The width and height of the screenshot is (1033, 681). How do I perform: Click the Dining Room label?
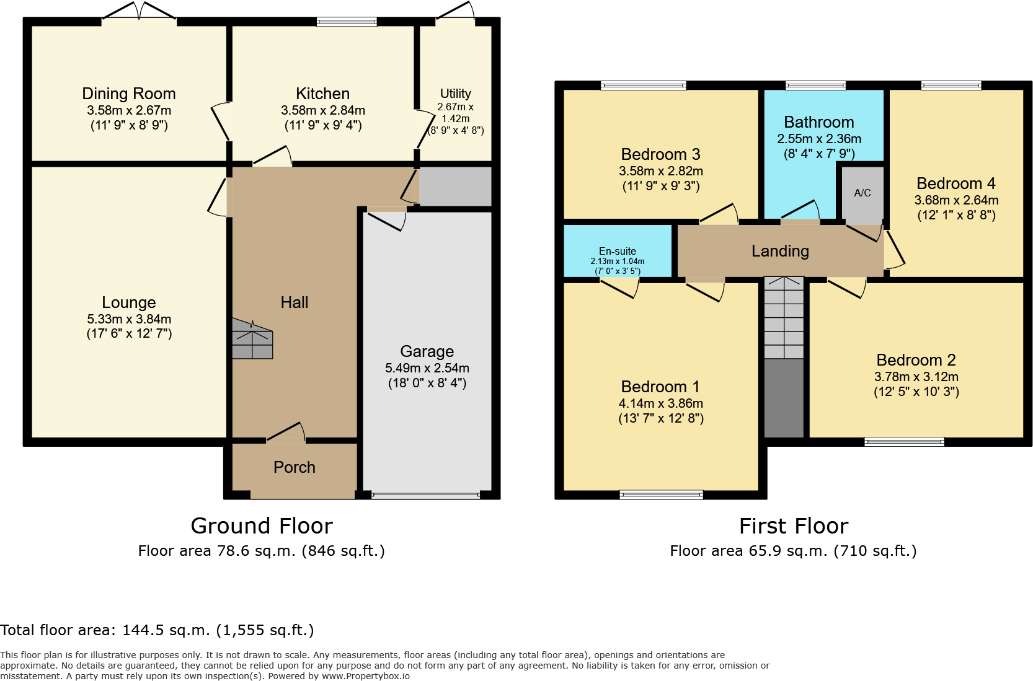click(x=129, y=94)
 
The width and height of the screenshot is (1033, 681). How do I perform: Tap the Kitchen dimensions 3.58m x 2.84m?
click(x=322, y=110)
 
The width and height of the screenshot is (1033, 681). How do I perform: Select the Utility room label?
click(x=456, y=94)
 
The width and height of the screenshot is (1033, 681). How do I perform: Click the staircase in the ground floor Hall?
click(x=252, y=340)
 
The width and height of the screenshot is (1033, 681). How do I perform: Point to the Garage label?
click(x=427, y=351)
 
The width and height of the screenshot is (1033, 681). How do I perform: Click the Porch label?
click(x=295, y=467)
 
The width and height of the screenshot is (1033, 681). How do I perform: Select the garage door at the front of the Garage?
click(x=427, y=495)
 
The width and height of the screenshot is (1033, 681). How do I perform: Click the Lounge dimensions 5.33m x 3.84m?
click(x=129, y=319)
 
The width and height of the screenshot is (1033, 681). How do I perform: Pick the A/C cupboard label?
click(x=862, y=193)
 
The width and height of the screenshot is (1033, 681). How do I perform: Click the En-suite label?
click(x=617, y=251)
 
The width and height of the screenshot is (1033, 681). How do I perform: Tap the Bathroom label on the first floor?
click(x=818, y=122)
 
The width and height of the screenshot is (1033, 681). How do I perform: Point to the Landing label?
click(x=780, y=251)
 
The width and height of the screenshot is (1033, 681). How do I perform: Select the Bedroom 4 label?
click(x=956, y=183)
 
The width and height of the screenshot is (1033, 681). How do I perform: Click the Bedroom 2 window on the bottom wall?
click(x=904, y=442)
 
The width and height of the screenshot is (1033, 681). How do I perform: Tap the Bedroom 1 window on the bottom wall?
click(x=661, y=494)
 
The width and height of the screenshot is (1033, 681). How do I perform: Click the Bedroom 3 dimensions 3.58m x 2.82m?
click(x=661, y=171)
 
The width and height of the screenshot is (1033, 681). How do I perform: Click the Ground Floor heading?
click(x=262, y=525)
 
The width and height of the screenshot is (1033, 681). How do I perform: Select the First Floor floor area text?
click(x=793, y=551)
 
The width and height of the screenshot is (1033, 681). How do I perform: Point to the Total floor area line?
click(x=157, y=630)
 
